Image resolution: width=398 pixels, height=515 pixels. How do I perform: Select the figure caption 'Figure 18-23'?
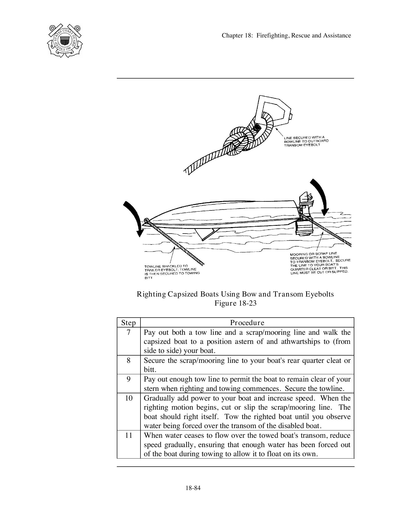coord(235,303)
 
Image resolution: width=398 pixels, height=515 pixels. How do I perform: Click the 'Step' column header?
coord(129,323)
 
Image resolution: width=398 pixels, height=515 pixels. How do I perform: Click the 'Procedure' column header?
coord(247,323)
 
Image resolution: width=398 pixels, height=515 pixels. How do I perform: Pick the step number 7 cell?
coord(129,332)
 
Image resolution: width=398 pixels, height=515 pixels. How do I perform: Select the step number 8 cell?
coord(129,360)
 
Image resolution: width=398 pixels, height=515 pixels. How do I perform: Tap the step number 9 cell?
coord(129,379)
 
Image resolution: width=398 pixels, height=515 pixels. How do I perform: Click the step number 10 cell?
coord(129,398)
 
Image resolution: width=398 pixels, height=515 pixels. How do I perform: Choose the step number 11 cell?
coord(129,435)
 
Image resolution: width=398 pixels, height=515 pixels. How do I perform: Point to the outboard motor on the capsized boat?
coord(303,216)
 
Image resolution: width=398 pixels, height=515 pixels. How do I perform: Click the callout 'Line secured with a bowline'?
coord(306,141)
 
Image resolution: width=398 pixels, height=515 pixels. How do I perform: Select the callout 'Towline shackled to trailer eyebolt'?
coord(172,272)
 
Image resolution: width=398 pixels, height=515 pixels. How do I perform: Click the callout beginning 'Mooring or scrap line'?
coord(320,263)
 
